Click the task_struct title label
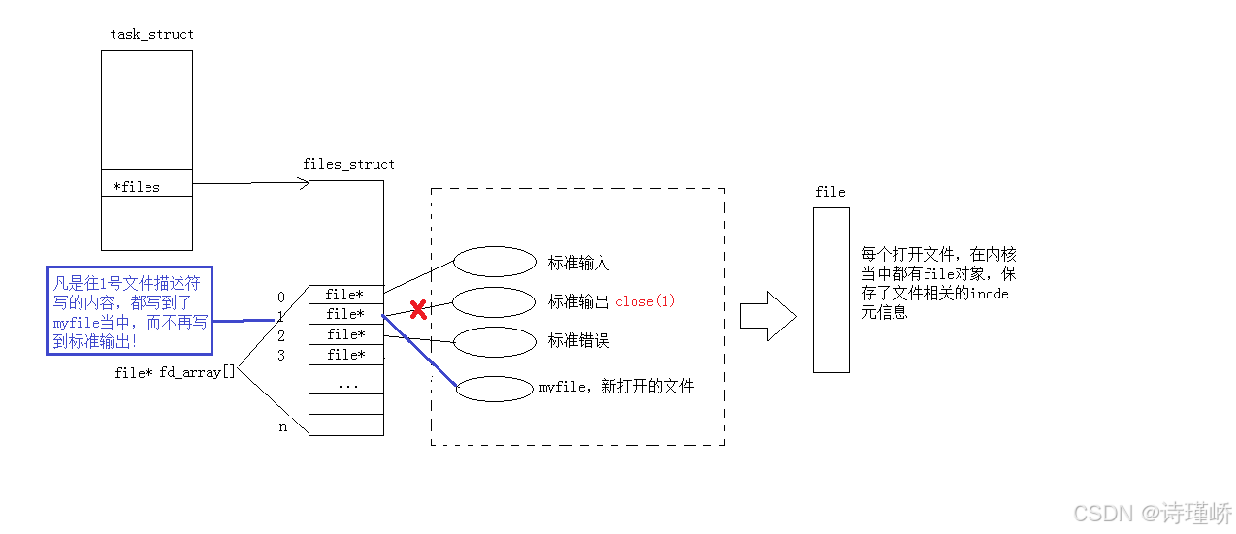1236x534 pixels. tap(151, 35)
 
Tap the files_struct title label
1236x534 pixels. tap(348, 164)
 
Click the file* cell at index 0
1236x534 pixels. tap(345, 295)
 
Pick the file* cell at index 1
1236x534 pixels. tap(345, 314)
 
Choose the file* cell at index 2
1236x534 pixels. tap(345, 334)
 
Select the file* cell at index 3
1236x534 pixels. tap(345, 355)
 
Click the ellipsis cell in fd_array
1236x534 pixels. tap(345, 384)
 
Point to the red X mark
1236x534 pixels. tap(418, 310)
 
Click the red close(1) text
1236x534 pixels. tap(645, 301)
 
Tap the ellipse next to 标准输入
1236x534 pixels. tap(495, 262)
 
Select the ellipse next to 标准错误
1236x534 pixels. tap(495, 341)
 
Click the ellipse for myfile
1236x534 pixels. tap(495, 388)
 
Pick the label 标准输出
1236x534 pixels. tap(578, 301)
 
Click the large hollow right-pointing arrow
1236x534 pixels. tap(767, 316)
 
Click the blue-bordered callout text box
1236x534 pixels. tap(129, 311)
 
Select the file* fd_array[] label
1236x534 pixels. tap(175, 372)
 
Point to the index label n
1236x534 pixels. tap(283, 426)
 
